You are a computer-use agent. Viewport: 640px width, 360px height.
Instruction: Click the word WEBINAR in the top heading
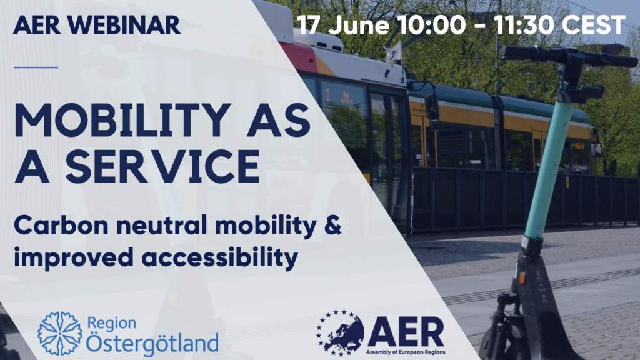(x=124, y=25)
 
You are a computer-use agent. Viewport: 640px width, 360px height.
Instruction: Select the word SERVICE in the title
(x=162, y=166)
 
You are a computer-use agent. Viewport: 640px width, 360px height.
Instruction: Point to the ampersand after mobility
(x=332, y=226)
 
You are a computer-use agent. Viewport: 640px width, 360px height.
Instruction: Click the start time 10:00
(x=432, y=25)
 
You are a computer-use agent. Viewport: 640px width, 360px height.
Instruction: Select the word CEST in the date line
(x=594, y=25)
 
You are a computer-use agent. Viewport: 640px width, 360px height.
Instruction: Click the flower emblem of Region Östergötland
(x=60, y=334)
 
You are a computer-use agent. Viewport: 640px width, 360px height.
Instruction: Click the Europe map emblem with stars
(x=340, y=332)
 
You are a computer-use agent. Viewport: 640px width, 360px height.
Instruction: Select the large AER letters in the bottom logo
(x=406, y=332)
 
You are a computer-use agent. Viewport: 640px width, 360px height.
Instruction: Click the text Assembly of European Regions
(x=406, y=352)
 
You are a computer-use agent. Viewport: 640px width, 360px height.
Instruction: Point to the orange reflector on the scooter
(x=522, y=278)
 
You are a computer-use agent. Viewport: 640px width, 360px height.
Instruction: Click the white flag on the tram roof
(x=392, y=54)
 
